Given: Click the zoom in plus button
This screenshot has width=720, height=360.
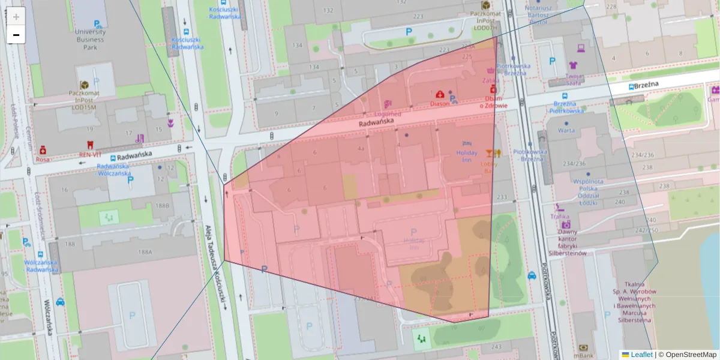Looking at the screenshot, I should coord(16,17).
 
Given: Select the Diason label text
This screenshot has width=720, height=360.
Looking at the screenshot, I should coord(439,103).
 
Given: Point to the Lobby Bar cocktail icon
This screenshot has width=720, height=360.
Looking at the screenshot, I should coord(491,152).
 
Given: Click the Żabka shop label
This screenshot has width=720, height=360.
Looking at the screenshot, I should coord(490,79).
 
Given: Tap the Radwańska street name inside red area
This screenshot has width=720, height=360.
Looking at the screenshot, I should coord(376,122).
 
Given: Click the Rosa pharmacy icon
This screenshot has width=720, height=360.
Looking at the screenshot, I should coord(43,150).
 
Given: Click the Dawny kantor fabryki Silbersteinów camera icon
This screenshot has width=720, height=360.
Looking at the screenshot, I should coord(566,224).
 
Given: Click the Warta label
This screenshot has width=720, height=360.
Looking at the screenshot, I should coord(565,130).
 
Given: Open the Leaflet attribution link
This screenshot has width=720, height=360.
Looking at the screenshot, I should coord(641,355).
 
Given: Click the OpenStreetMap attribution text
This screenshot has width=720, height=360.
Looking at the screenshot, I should coord(691,355).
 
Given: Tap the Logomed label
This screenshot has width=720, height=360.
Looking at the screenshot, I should coord(387,113).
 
